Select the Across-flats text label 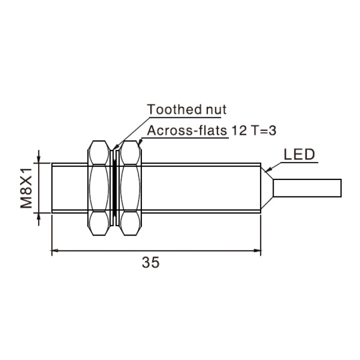point(187,131)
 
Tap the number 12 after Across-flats point(239,131)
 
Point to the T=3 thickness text point(263,131)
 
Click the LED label point(299,154)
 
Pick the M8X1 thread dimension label point(26,188)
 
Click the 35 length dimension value point(150,262)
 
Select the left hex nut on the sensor point(99,188)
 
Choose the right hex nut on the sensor point(131,188)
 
